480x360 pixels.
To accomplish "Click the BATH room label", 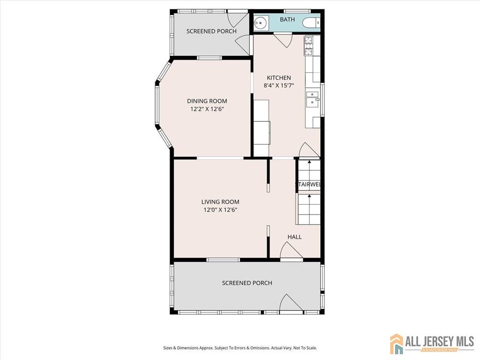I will (287, 20).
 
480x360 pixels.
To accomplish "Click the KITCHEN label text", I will (279, 78).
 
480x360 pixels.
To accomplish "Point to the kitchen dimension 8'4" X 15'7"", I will (279, 86).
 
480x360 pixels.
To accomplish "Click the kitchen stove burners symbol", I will (309, 46).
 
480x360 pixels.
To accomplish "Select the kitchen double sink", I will (312, 100).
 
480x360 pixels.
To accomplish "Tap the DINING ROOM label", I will (207, 101).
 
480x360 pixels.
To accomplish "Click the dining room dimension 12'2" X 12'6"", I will (207, 109).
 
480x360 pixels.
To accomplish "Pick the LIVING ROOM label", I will (220, 202).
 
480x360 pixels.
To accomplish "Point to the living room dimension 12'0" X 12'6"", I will (220, 210).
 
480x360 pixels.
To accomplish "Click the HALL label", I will (294, 237).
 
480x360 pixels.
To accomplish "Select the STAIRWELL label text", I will (308, 185).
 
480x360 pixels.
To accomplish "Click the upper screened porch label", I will (211, 31).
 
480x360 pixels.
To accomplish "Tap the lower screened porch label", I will (247, 283).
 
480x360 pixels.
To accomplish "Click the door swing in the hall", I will (291, 251).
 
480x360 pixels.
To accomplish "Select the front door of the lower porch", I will (291, 303).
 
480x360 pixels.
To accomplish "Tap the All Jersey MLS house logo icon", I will (397, 344).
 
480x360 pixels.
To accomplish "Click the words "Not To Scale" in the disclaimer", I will (305, 348).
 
